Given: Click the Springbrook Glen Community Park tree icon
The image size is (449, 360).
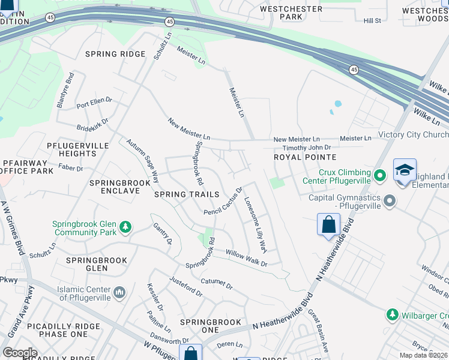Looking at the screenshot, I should tap(125, 227).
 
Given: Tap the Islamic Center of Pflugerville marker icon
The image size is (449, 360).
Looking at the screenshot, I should tap(119, 292).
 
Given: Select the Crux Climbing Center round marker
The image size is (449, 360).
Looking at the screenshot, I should tap(379, 176).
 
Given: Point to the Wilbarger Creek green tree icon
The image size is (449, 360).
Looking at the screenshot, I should tap(392, 314).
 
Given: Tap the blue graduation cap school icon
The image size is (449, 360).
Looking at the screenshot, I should tap(405, 170).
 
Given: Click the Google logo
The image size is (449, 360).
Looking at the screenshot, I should tap(20, 353).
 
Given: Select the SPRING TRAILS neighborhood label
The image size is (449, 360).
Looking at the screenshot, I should tap(187, 194).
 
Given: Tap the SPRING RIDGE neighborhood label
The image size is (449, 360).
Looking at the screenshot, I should tap(115, 54).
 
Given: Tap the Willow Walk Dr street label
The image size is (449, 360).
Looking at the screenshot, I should tap(246, 259).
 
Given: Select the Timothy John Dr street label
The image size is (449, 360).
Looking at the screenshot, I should tap(307, 147).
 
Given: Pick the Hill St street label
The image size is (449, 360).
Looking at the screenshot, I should tap(372, 21).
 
